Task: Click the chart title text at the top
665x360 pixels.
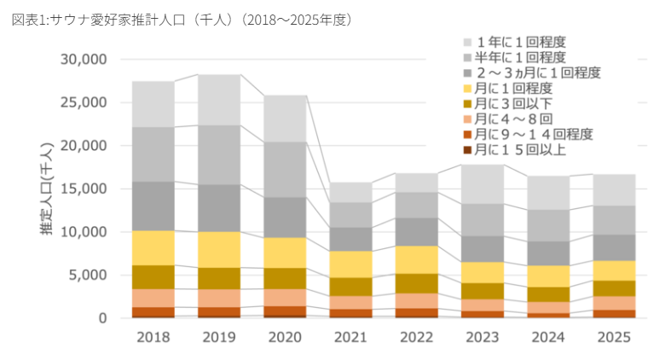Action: (x=182, y=20)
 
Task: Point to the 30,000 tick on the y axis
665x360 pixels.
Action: (x=84, y=60)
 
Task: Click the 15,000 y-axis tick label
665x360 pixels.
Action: (x=84, y=189)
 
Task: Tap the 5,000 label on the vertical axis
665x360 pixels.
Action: (x=87, y=275)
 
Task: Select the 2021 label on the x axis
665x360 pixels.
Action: (x=350, y=337)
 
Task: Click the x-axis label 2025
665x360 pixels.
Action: (x=614, y=337)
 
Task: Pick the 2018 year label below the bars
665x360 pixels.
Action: (x=153, y=337)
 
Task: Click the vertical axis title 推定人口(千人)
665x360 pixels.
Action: (x=47, y=189)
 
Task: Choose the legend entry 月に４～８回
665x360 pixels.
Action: (x=508, y=119)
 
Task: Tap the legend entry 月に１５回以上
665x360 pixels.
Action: (x=515, y=149)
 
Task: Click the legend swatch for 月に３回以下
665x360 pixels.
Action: (x=467, y=104)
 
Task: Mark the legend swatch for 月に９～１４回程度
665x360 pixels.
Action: (x=467, y=135)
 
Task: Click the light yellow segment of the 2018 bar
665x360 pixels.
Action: (x=153, y=248)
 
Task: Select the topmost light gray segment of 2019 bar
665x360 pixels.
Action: (x=219, y=100)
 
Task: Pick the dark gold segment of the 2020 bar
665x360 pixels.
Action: (x=285, y=278)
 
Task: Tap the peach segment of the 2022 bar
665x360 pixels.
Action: (x=416, y=301)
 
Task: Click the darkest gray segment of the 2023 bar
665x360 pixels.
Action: (x=483, y=249)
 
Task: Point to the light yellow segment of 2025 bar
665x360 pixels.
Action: (x=614, y=270)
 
